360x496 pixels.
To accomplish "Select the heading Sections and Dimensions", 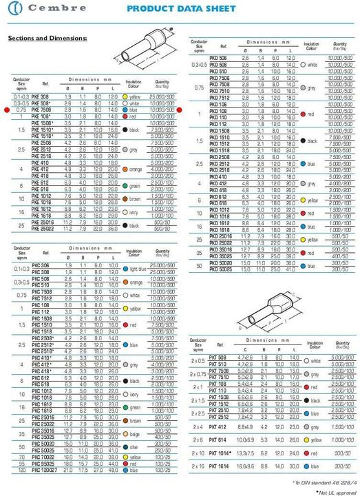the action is (x=47, y=38).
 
